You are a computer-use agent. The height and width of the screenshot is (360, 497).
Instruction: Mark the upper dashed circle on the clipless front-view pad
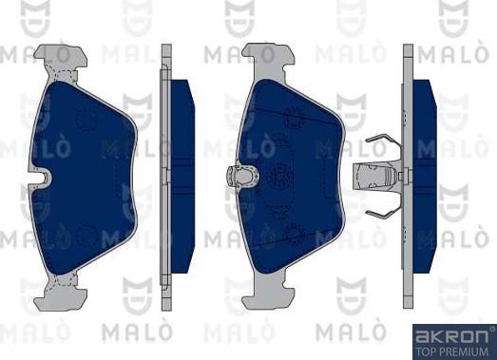pos(88,120)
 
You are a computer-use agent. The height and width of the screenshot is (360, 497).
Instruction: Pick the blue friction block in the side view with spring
pos(423,176)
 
